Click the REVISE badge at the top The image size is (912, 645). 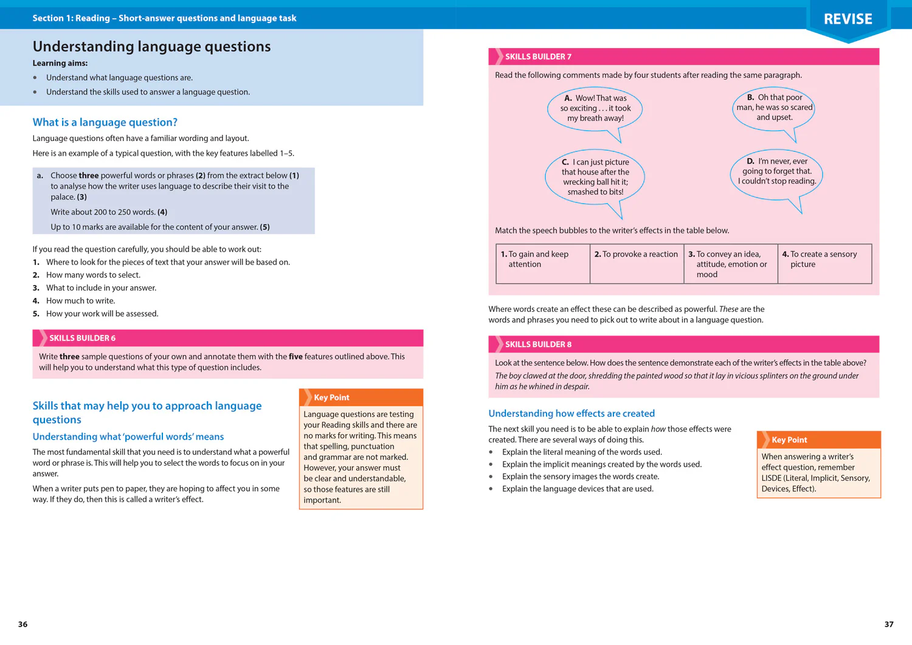pos(848,19)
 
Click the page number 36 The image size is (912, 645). pos(23,624)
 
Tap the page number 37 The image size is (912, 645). pos(888,624)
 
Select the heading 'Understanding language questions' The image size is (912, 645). pos(151,47)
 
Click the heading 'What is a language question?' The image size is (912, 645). pos(105,122)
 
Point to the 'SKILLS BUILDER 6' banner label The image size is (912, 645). pos(82,338)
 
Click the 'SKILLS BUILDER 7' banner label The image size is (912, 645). pos(538,57)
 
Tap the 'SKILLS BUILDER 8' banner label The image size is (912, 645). pos(538,344)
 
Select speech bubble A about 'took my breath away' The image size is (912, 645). pos(595,108)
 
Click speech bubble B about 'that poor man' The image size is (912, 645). pos(774,108)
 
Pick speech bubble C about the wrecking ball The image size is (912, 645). pos(595,177)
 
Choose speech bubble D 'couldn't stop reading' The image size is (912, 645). pos(776,171)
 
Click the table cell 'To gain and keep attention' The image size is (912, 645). pos(542,263)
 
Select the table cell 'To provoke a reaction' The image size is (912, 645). pos(637,263)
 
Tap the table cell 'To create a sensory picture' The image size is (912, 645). pos(824,263)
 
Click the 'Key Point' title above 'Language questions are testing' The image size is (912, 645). pos(331,398)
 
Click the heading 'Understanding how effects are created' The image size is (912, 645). pos(572,413)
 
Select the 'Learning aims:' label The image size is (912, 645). pos(60,63)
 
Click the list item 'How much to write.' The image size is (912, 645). pos(80,301)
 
